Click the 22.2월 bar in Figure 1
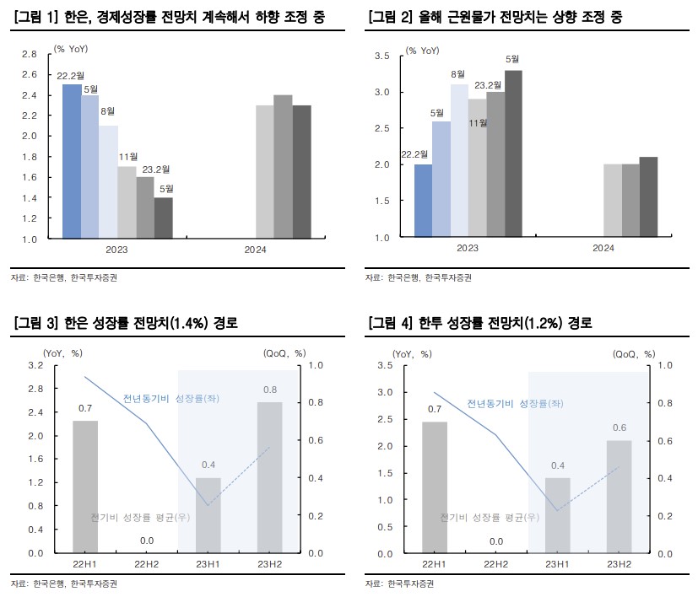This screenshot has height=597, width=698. coord(72,161)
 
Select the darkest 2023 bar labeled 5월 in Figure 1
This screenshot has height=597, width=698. coord(163,218)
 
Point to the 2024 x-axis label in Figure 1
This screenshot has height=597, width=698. coord(256,250)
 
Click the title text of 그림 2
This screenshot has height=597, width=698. coord(495,17)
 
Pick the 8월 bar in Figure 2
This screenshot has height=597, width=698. coord(459,160)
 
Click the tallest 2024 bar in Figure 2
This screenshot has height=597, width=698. coord(648,196)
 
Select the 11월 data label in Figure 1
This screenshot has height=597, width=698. coord(128,157)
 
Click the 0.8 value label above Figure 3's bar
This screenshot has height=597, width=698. coord(269,390)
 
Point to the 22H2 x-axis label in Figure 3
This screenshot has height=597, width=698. coord(146,565)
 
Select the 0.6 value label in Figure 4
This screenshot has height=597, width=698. coord(619,428)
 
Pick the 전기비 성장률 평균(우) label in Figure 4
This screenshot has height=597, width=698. coord(490,516)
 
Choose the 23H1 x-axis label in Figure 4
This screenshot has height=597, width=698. coord(557,565)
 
